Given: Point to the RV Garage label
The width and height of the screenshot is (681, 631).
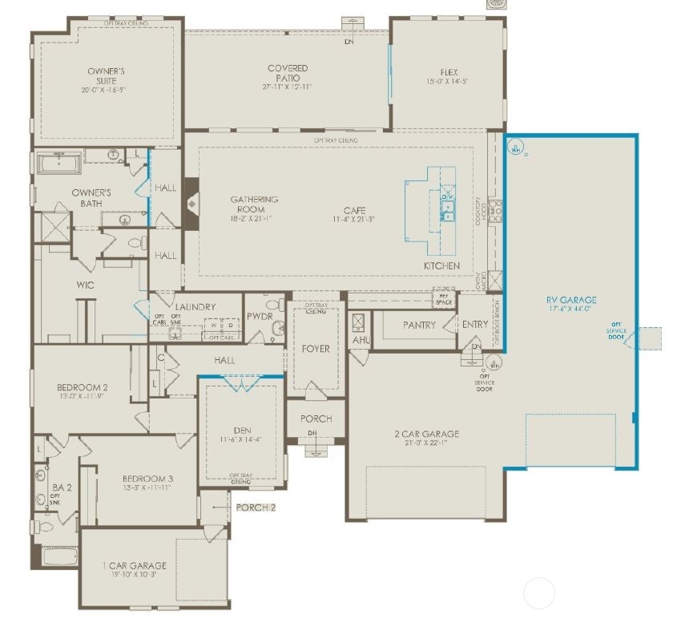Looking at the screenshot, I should coord(572,301).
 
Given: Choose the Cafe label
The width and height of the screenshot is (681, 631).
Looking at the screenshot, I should coord(355,210).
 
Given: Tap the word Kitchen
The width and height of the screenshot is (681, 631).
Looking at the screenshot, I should coord(442,265).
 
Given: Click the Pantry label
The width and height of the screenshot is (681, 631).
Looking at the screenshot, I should coord(419,325).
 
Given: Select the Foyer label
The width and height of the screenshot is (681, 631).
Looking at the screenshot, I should coord(316,349).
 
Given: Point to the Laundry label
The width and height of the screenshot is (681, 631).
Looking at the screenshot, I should coord(195,306).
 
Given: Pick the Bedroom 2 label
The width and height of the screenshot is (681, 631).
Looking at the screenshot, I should coord(82,387).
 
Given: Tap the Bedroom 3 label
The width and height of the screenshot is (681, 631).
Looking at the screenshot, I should coord(147,479).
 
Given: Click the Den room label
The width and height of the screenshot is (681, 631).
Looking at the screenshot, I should coord(241,429).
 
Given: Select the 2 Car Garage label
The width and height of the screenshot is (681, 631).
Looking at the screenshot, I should coord(426,435).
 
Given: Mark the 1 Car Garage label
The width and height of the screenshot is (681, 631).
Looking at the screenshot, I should coord(134,566).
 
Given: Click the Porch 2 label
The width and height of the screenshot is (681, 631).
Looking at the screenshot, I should coord(256,508).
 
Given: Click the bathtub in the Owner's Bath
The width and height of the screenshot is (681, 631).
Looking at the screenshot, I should coord(58,164).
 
